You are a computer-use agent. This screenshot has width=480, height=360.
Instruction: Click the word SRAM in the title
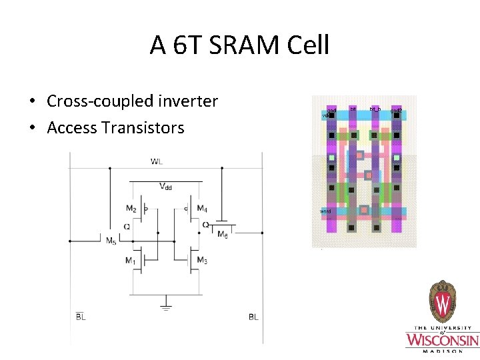click(x=241, y=45)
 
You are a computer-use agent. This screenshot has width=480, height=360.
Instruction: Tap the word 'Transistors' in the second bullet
click(x=143, y=127)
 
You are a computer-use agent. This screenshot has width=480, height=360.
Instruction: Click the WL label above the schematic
click(x=156, y=161)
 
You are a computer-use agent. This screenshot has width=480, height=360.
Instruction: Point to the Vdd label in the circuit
click(x=165, y=187)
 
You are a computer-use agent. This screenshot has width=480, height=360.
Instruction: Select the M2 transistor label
click(x=131, y=209)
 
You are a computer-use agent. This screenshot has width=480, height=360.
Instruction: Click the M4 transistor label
click(x=202, y=209)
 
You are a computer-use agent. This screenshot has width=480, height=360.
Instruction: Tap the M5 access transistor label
click(x=111, y=241)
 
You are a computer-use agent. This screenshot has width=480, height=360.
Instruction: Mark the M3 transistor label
click(x=202, y=260)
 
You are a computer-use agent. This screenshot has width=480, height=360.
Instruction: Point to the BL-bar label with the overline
click(x=80, y=317)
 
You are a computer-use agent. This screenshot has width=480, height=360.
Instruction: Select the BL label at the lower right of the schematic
click(x=253, y=317)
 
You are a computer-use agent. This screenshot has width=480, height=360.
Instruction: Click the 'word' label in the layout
click(x=325, y=211)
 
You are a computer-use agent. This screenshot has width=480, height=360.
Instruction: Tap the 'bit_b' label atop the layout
click(x=375, y=109)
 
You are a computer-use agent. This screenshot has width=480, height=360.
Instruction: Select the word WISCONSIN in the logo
click(x=442, y=340)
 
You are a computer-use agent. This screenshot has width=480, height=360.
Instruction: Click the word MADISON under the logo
click(x=442, y=351)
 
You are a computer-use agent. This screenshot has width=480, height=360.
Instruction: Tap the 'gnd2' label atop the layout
click(x=396, y=110)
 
